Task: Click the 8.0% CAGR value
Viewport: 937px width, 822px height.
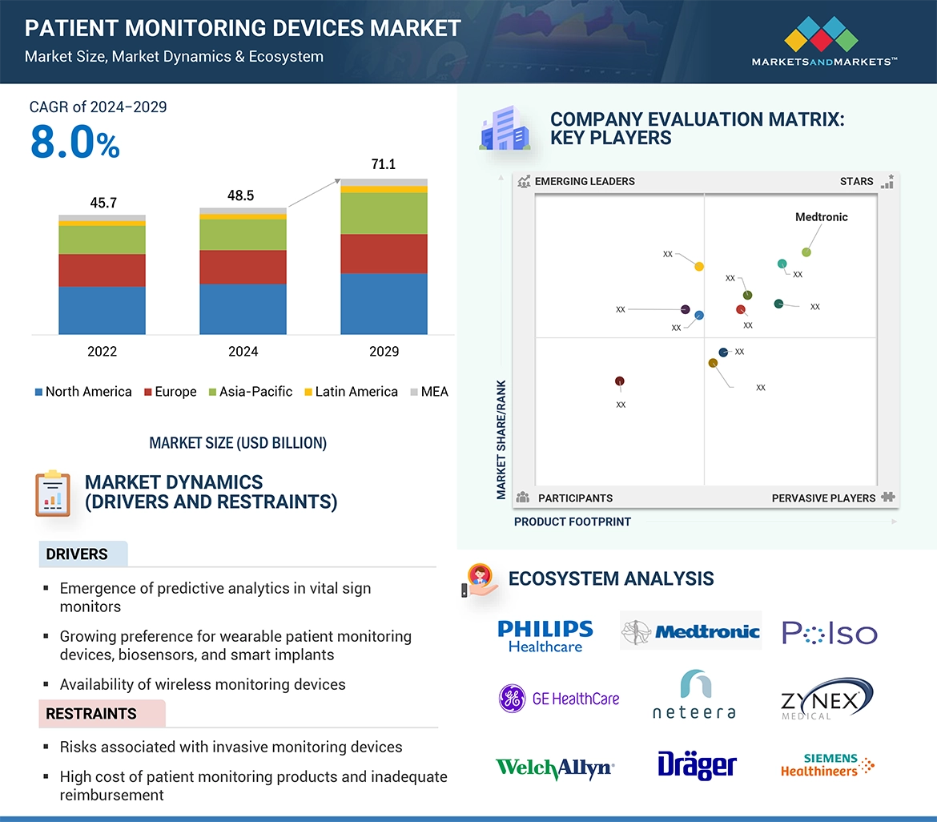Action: coord(74,143)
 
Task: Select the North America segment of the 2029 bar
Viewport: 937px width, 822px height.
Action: coord(384,304)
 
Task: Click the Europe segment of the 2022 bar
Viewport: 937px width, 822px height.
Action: coord(102,270)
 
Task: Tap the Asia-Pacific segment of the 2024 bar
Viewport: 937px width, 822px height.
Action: coord(243,235)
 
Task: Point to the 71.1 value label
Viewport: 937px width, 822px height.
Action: coord(384,164)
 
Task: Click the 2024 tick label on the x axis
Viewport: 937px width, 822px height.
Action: coord(243,352)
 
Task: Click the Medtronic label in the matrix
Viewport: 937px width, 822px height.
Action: coord(821,217)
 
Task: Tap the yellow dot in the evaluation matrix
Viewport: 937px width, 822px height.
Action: coord(699,267)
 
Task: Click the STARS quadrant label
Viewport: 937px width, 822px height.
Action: coord(856,182)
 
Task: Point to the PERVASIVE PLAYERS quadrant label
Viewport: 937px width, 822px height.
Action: coord(823,498)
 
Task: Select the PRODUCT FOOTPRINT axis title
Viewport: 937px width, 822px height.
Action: coord(573,522)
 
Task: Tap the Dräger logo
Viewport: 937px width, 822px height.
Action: coord(697,764)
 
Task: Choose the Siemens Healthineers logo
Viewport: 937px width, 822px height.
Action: coord(827,765)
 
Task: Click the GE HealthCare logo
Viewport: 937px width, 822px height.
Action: coord(559,699)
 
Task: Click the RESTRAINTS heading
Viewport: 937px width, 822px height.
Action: coord(91,714)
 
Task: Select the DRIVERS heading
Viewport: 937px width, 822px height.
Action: coord(77,554)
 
